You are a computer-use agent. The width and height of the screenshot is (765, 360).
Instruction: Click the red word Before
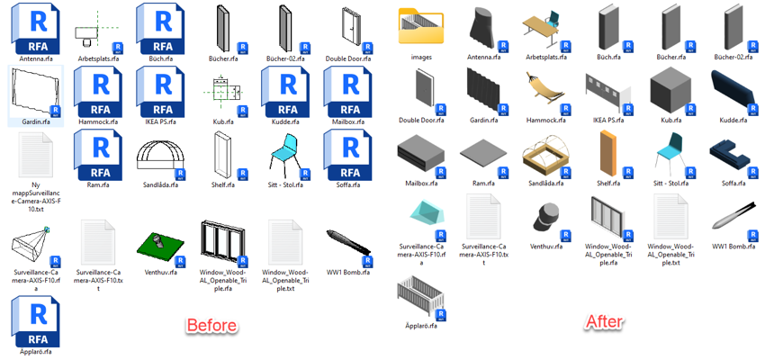click(x=212, y=326)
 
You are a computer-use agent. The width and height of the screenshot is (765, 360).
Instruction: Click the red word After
click(x=605, y=321)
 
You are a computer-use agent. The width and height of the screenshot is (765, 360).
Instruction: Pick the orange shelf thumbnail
click(x=608, y=153)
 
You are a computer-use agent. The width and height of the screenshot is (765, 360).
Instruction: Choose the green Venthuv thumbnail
click(x=160, y=246)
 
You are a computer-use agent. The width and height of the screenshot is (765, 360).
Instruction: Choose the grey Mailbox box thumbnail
click(x=420, y=153)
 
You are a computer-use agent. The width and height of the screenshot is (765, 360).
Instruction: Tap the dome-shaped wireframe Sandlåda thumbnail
click(x=160, y=154)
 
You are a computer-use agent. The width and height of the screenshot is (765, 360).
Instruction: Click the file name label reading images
click(x=421, y=57)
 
